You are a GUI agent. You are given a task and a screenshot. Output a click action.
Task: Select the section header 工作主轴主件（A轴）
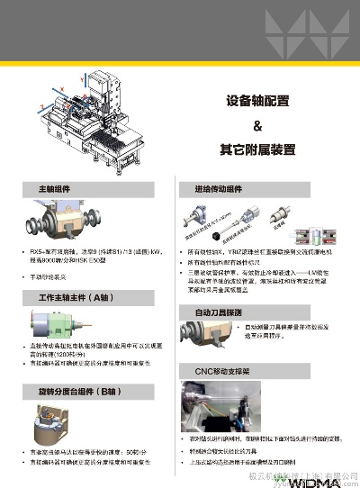(72, 297)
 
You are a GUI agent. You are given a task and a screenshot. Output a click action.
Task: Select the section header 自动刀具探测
(218, 312)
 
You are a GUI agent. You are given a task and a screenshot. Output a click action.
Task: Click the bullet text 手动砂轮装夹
(54, 276)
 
